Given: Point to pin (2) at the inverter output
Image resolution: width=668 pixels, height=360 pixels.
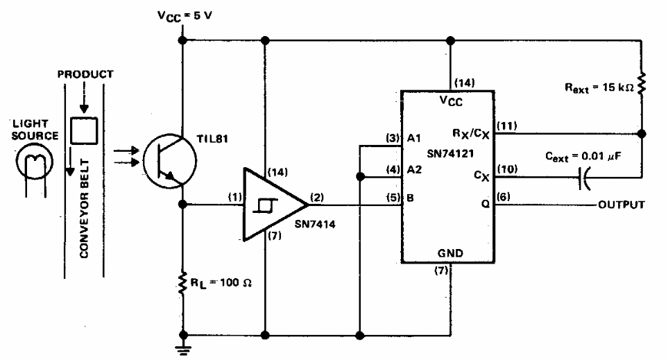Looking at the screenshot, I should pos(318,196).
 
